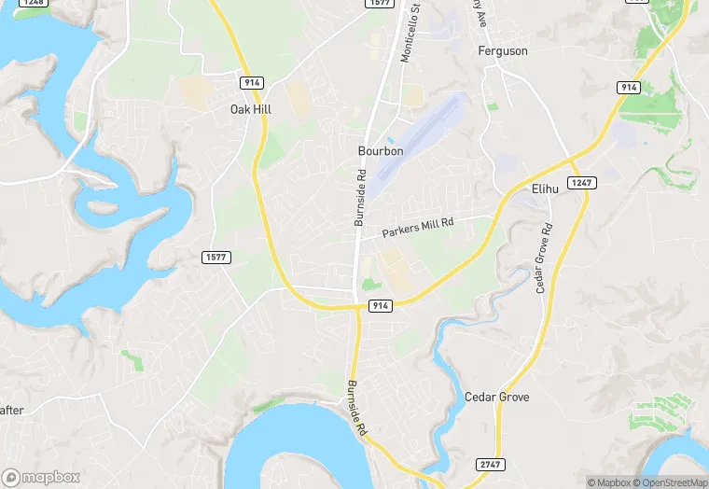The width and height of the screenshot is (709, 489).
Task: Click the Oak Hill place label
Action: coord(250,109)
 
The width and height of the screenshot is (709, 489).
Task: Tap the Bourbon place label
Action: coord(381,150)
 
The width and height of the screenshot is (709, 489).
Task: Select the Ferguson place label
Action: coord(503,51)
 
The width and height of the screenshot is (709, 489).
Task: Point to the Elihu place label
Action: coord(544,189)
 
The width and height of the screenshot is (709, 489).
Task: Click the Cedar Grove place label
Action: coord(496,398)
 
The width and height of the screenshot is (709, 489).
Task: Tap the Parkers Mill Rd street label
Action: coord(417,226)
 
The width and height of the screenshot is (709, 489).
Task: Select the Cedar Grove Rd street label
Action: coord(543,258)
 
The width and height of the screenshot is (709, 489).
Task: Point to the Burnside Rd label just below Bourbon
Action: coord(359,198)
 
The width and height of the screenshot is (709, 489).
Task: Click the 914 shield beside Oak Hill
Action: coord(250,83)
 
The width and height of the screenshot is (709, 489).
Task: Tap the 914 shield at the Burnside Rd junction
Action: coord(379,305)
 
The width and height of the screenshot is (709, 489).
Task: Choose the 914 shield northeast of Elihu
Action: coord(628,87)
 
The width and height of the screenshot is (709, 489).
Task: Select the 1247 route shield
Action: coord(581,183)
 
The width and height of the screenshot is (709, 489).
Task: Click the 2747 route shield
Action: coord(489,465)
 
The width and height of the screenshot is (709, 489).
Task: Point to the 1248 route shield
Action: coord(33,3)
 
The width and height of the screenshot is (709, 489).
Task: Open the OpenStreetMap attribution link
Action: coord(669,482)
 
